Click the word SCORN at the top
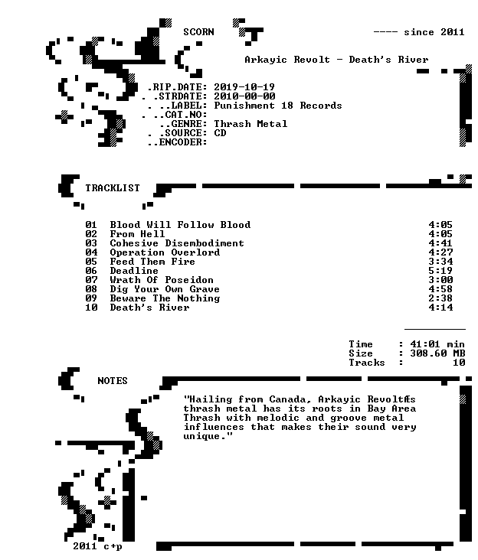click(198, 32)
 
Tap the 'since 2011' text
click(434, 32)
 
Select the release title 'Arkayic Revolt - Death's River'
click(336, 60)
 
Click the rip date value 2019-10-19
click(244, 87)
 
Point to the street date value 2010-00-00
click(244, 96)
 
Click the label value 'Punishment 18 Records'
click(278, 106)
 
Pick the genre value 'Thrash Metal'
click(250, 124)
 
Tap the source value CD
click(220, 133)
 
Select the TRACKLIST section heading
click(113, 188)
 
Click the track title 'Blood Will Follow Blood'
click(180, 225)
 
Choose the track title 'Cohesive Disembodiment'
click(177, 243)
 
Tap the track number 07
click(91, 280)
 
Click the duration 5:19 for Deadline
click(440, 271)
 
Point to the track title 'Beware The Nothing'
click(165, 298)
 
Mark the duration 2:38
click(440, 298)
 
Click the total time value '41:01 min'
click(437, 344)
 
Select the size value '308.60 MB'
click(437, 353)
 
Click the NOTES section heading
click(113, 381)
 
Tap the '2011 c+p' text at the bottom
click(97, 546)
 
